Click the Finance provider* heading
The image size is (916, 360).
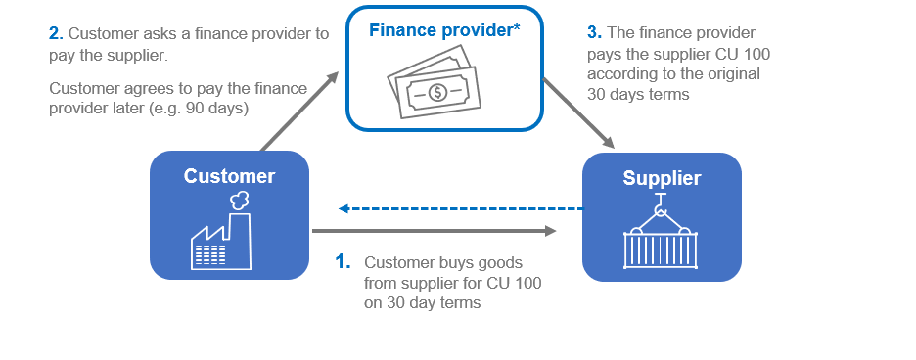click(444, 30)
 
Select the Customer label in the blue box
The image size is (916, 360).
click(229, 176)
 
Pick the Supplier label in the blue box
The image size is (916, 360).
click(662, 178)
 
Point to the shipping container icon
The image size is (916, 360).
click(662, 248)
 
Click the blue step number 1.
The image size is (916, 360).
click(343, 262)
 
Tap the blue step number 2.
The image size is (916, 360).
click(55, 33)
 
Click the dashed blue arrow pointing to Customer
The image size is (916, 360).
click(460, 208)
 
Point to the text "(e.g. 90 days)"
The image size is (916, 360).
click(200, 110)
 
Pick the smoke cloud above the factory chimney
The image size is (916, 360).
click(238, 200)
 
